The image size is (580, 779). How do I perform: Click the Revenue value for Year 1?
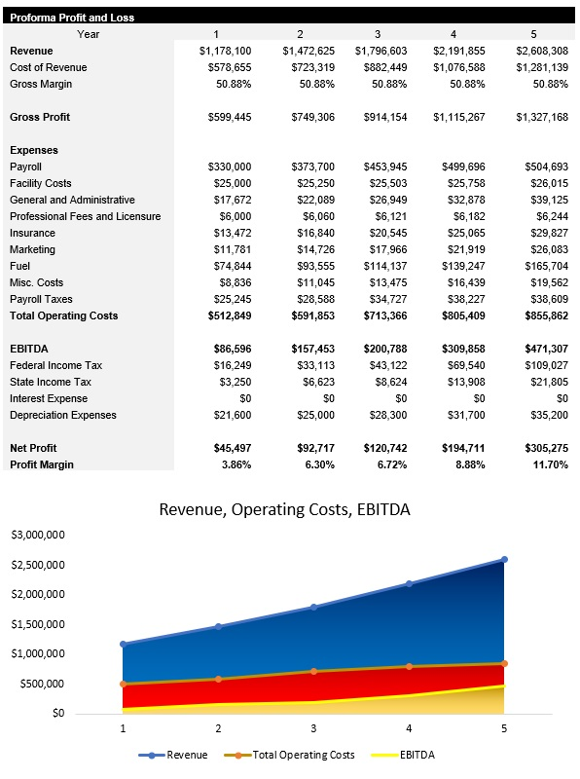point(225,51)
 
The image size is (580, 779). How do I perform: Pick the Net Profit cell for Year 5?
point(543,448)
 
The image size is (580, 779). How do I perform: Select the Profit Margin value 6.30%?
point(306,464)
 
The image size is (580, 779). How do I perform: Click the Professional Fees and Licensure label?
point(85,216)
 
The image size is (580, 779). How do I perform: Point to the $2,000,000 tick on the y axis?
point(38,595)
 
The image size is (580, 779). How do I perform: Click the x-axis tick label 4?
point(409,728)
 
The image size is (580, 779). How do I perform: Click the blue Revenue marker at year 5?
point(504,559)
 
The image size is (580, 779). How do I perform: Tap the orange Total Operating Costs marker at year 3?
point(313,671)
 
